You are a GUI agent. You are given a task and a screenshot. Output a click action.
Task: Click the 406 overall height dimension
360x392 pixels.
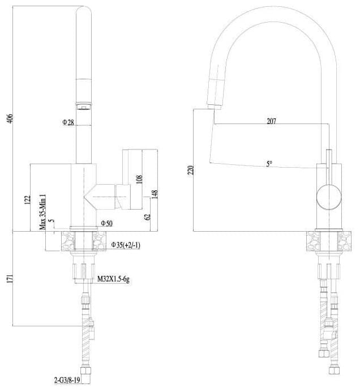10,119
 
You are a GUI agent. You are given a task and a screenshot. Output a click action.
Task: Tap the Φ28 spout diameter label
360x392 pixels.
68,122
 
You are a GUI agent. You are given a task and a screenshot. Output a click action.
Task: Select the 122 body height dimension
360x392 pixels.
27,199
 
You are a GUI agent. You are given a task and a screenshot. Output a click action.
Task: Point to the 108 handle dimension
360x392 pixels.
139,179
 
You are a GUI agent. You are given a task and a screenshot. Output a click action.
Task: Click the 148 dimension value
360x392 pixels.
155,195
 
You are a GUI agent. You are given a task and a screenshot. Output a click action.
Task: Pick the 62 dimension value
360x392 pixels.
147,216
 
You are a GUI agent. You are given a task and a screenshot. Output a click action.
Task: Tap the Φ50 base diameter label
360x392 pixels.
106,223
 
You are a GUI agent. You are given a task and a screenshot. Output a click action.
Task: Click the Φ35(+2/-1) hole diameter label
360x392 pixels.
126,245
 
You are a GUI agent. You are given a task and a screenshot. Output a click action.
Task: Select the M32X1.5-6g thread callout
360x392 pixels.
113,279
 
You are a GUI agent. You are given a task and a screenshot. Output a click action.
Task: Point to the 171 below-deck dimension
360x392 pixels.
10,279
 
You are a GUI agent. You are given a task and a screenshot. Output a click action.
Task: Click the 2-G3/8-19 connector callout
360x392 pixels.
67,380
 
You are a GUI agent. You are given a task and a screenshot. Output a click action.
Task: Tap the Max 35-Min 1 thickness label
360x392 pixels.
42,211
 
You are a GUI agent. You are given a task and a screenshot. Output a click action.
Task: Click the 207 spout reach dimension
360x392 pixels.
272,121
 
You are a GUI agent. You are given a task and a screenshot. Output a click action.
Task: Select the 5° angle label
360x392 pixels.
269,164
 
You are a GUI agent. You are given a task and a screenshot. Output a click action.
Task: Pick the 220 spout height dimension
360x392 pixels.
190,170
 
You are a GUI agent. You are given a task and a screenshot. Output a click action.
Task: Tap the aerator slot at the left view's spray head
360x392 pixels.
84,108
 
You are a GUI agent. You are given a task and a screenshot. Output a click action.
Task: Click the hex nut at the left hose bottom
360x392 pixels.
85,370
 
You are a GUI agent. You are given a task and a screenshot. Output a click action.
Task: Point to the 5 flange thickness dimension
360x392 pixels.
52,220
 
